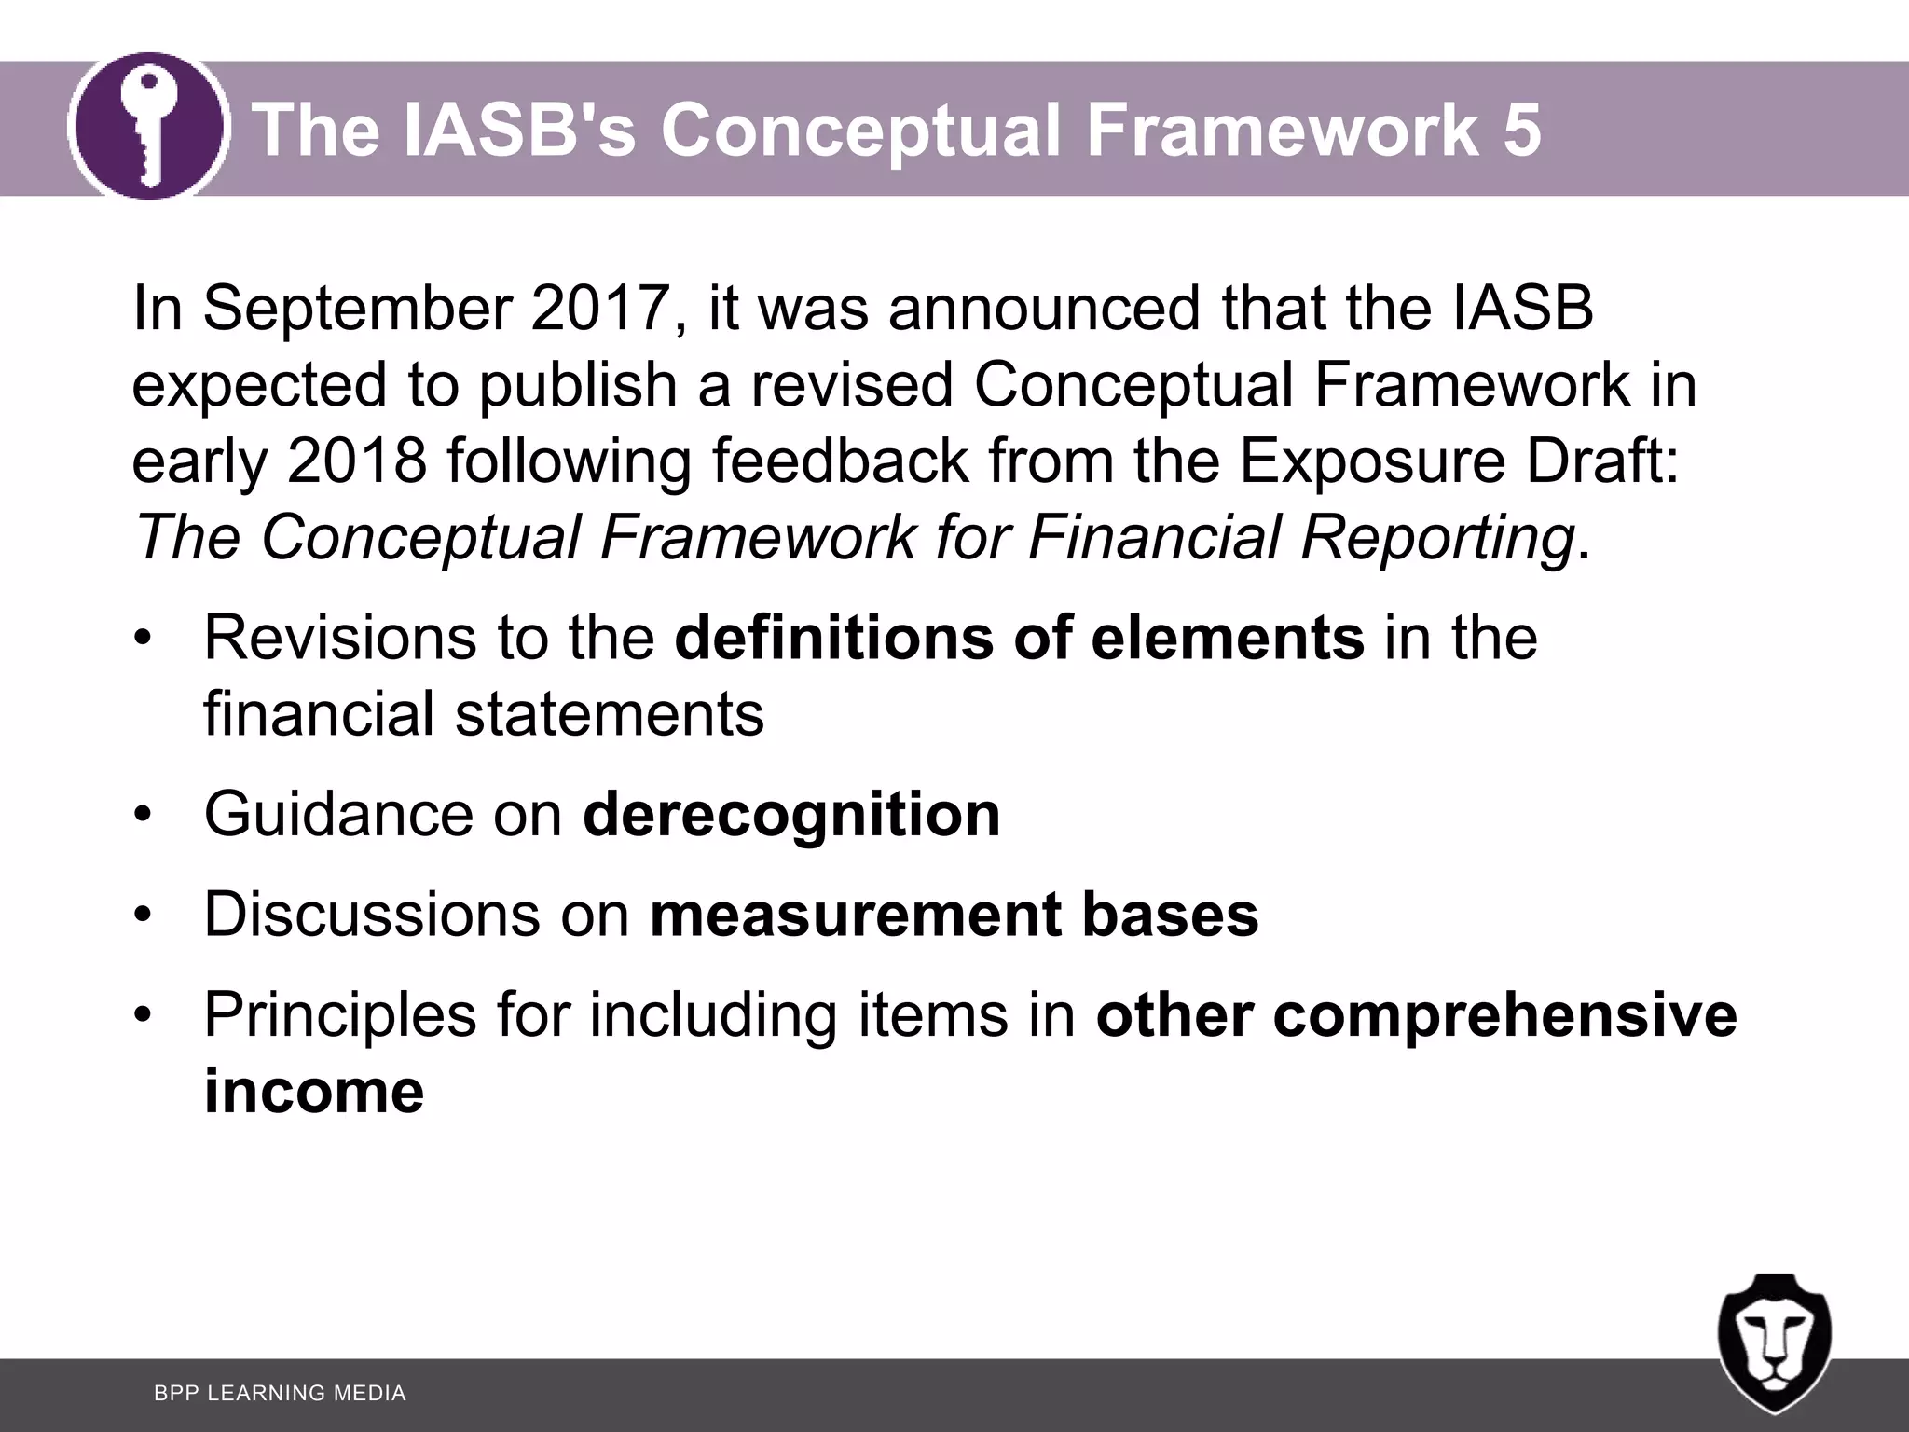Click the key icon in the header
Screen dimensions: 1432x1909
click(149, 127)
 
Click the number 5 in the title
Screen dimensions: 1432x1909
click(1521, 130)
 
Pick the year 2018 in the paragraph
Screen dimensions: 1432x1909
click(357, 461)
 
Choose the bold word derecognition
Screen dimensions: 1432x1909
click(791, 814)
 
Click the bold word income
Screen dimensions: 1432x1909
click(314, 1091)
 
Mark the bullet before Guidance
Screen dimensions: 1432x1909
click(142, 816)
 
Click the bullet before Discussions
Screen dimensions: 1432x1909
click(142, 916)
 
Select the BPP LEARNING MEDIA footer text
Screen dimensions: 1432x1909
click(280, 1393)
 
